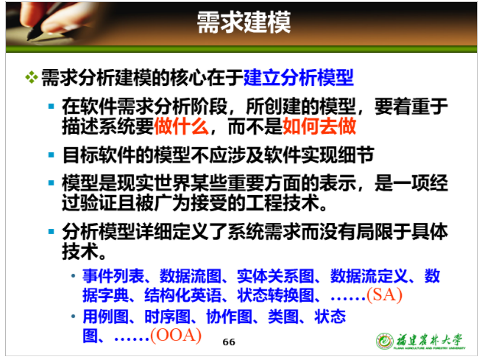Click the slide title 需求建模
(x=244, y=22)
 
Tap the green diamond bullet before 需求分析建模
(x=31, y=78)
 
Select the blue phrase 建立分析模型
(x=298, y=78)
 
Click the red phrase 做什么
(x=181, y=126)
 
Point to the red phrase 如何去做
(x=319, y=126)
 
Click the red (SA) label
(x=384, y=295)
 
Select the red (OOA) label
(x=176, y=335)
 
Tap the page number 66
(x=229, y=342)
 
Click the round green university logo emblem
(x=385, y=341)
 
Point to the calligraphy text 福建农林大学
(x=429, y=340)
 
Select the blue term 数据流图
(x=190, y=276)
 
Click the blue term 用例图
(x=105, y=317)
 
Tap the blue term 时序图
(x=167, y=317)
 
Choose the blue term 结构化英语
(x=182, y=295)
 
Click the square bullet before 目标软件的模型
(x=51, y=155)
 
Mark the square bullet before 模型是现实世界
(x=51, y=183)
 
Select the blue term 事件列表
(x=113, y=276)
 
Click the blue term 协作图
(x=229, y=317)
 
